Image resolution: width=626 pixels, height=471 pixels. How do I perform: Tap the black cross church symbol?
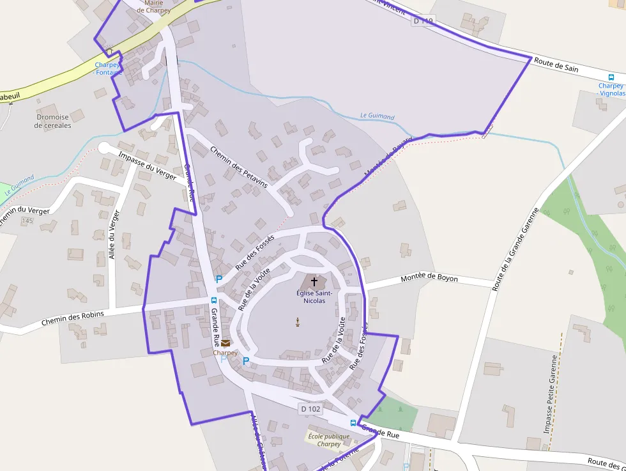(314, 281)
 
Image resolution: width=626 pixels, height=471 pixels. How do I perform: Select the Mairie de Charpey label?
(153, 6)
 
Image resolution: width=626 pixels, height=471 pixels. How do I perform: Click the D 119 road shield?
(423, 21)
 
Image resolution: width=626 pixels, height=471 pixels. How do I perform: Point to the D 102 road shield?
(309, 408)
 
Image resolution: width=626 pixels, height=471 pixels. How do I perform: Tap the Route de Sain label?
(556, 65)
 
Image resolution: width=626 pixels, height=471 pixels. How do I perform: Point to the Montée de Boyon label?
(429, 279)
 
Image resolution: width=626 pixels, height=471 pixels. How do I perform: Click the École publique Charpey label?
(329, 440)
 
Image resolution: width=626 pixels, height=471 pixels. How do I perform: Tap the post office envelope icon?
(225, 344)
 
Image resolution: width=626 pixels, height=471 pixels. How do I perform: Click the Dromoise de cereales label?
(54, 121)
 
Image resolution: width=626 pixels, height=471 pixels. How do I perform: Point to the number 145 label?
(26, 220)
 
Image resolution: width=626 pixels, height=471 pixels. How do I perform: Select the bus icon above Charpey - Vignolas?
(611, 77)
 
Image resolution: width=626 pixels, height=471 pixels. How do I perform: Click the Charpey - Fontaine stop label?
(108, 68)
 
